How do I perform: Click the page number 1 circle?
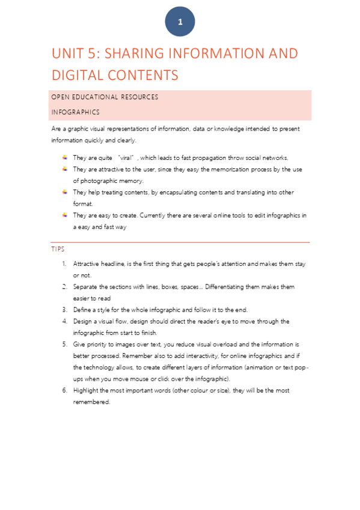coord(180,22)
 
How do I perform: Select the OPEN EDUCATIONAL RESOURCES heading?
coord(105,97)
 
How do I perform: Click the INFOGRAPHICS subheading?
coord(76,112)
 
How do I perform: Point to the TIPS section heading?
coord(58,248)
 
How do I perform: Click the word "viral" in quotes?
coord(126,158)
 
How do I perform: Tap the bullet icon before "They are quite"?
coord(65,158)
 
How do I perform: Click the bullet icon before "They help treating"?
coord(65,192)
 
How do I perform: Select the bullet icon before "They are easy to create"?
coord(65,215)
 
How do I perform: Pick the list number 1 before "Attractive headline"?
coord(64,264)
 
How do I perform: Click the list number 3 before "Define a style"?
coord(64,310)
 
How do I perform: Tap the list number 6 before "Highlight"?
coord(64,390)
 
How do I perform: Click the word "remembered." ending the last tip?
coord(92,402)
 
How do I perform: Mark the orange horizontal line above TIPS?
coord(180,242)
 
